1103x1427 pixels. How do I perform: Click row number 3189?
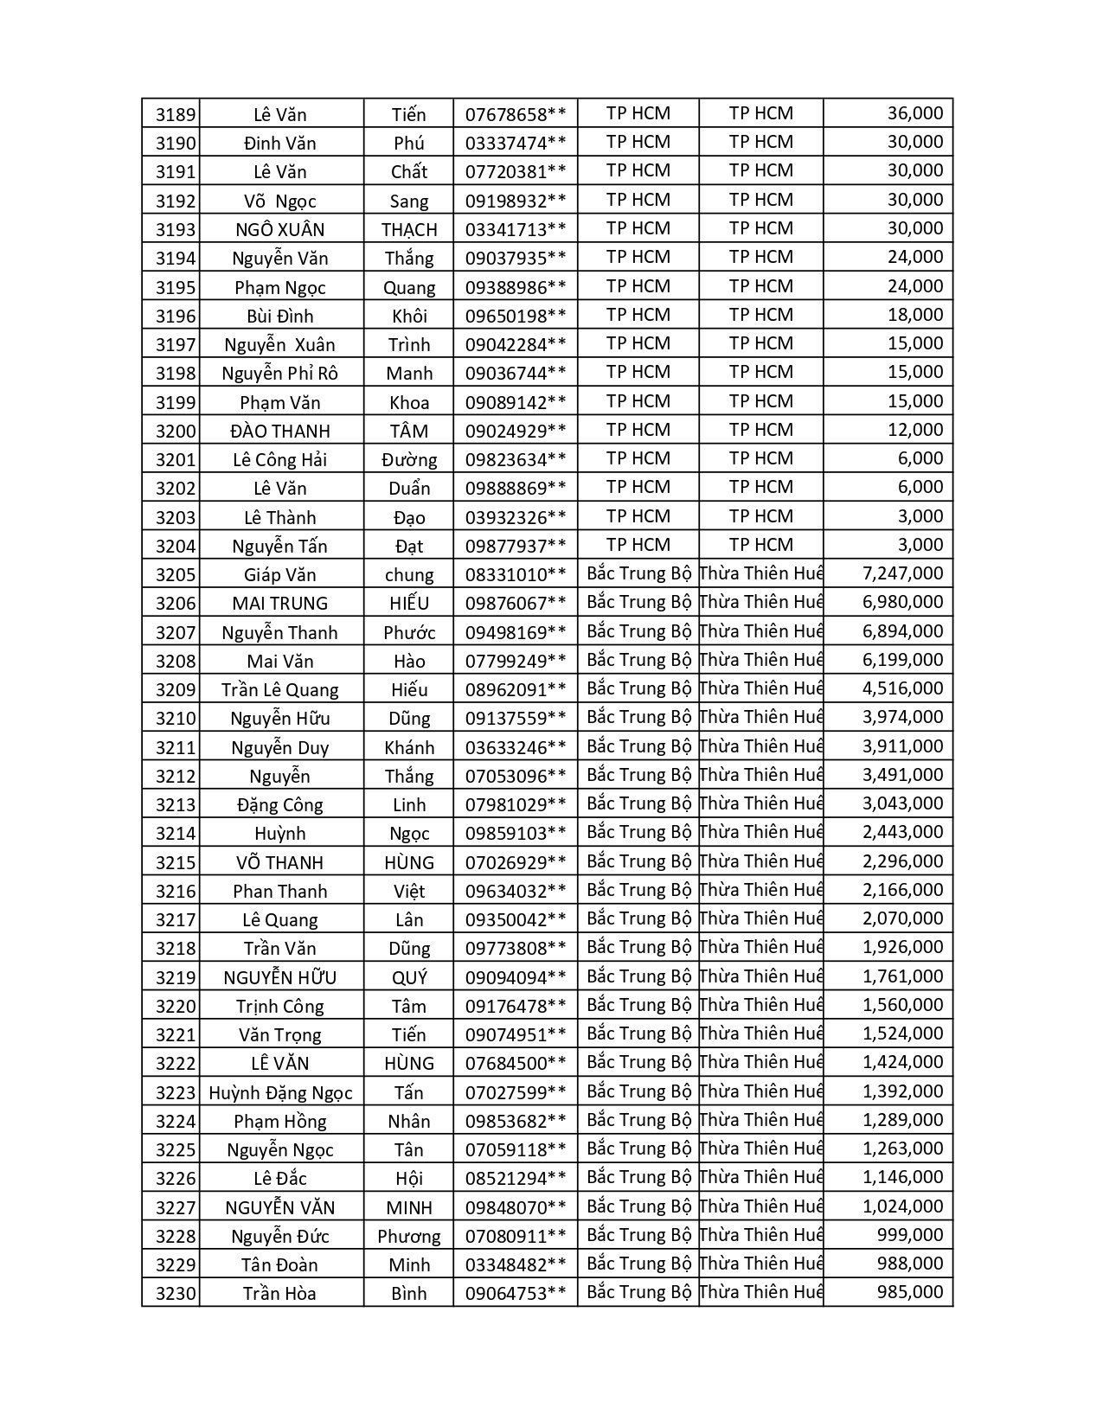point(176,114)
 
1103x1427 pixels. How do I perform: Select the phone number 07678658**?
point(516,114)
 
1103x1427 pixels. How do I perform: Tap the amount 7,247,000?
point(902,573)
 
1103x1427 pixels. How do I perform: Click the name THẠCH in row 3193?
point(409,229)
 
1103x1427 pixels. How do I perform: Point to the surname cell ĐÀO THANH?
point(280,431)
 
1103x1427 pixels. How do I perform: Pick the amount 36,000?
point(914,113)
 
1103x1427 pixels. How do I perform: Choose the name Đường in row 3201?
point(409,459)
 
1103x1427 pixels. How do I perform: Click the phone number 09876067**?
point(516,603)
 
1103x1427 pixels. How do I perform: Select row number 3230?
point(176,1294)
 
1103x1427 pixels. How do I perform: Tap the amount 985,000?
point(908,1292)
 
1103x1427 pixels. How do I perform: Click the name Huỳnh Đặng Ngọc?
point(280,1092)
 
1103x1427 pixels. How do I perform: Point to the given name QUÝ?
point(409,977)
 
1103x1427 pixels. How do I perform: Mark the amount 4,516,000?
point(902,688)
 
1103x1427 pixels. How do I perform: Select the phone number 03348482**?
point(516,1264)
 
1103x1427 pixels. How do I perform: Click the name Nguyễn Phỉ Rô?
point(280,373)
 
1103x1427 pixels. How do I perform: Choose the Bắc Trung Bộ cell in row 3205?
point(638,573)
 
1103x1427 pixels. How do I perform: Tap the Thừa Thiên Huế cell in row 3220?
point(760,1005)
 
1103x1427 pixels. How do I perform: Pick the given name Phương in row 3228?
point(409,1236)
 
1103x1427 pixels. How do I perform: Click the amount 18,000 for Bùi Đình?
point(914,315)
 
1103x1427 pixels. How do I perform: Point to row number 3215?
point(176,862)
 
